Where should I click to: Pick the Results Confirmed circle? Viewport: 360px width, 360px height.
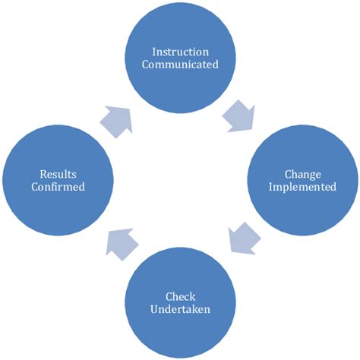pos(58,179)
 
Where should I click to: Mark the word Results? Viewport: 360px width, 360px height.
pos(58,174)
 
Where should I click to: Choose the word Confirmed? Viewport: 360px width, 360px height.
pos(58,187)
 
